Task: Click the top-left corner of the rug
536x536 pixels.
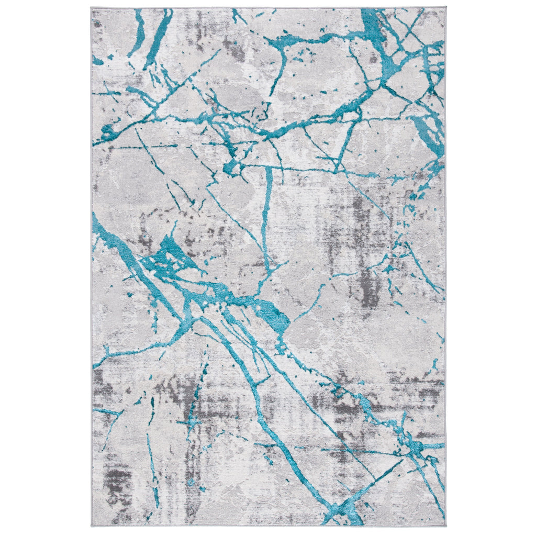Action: coord(91,8)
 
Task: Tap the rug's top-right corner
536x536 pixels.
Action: coord(446,7)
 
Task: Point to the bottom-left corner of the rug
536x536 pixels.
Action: coord(91,526)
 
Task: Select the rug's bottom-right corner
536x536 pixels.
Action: coord(446,526)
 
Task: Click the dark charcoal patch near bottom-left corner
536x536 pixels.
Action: coord(118,479)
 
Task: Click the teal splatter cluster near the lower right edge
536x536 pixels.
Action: coord(414,445)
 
